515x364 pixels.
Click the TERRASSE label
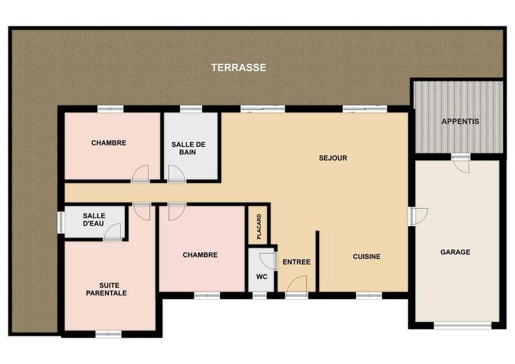238,67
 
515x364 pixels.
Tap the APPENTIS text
460,121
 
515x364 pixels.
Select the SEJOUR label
333,158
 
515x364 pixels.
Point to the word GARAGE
455,252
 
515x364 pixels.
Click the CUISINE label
366,256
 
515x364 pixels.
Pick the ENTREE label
296,262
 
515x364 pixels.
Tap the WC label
261,277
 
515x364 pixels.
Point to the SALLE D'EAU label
94,219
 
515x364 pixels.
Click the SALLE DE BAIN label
188,148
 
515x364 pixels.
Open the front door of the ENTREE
296,285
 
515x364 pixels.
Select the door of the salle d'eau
113,233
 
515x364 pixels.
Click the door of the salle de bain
176,174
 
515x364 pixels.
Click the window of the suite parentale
108,334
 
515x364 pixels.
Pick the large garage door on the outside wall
462,326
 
